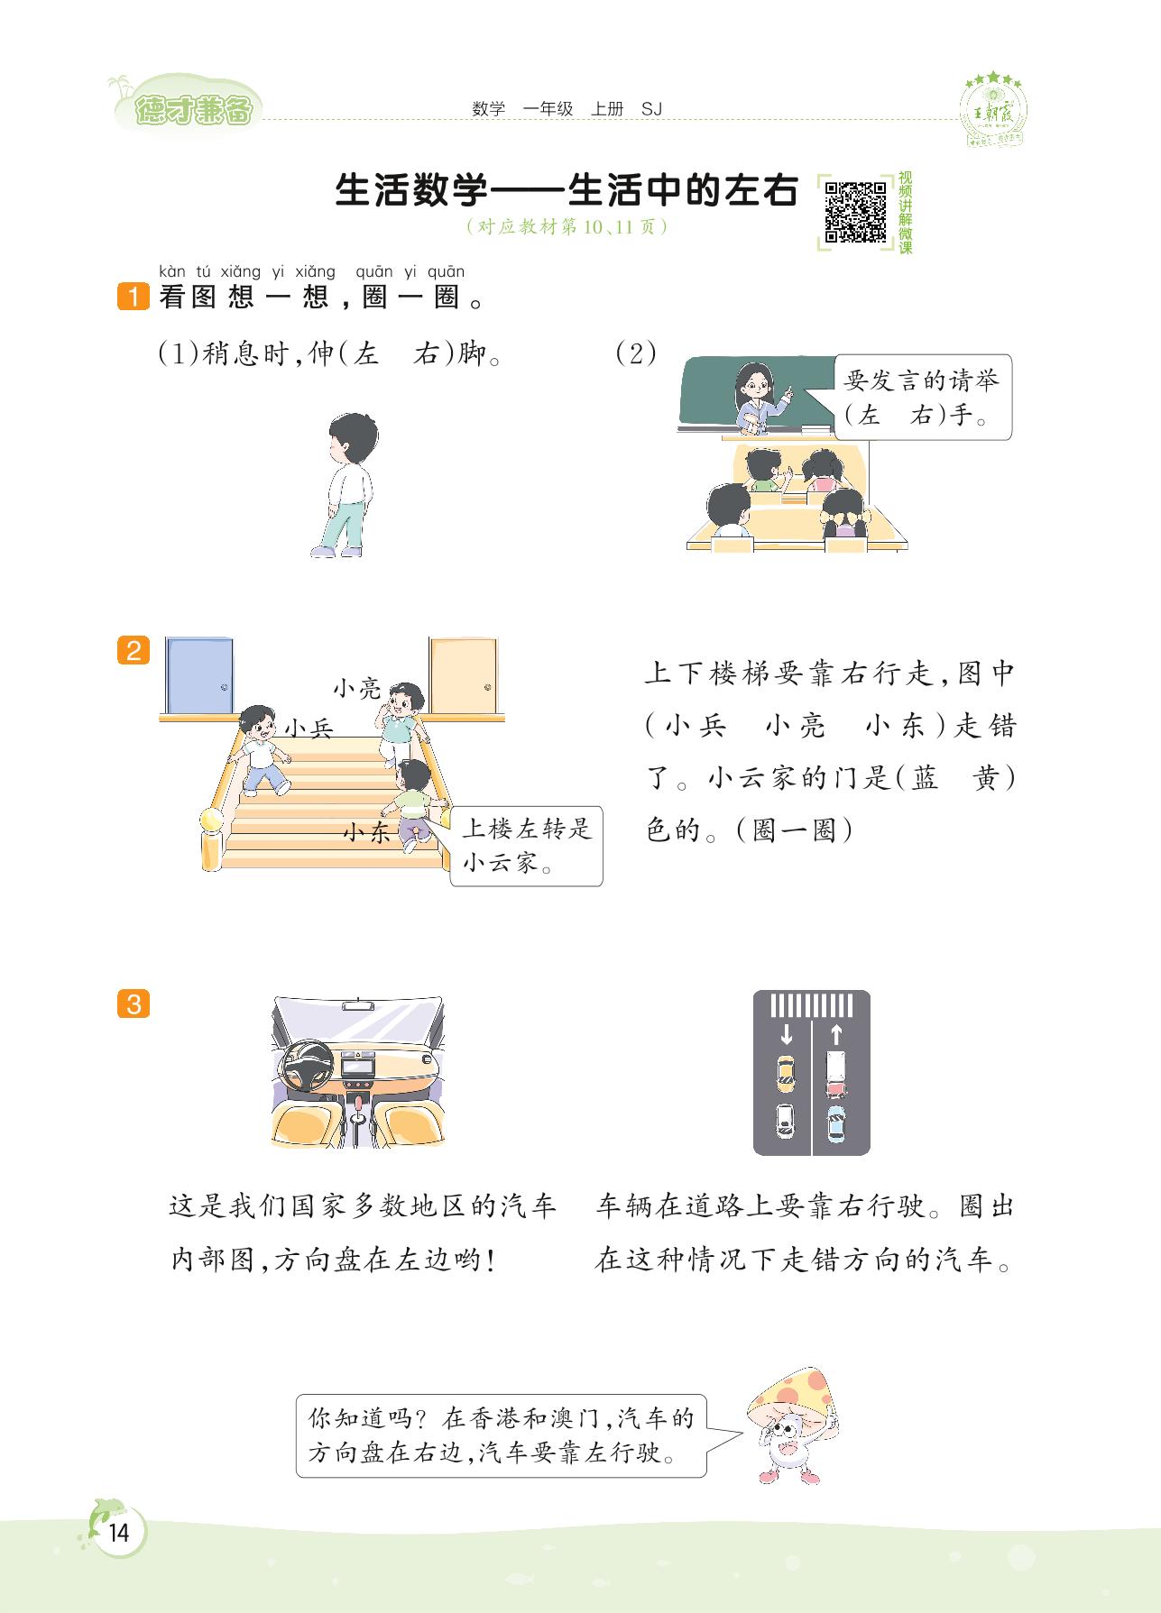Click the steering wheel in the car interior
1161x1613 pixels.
pyautogui.click(x=308, y=1067)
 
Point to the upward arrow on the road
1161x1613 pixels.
pyautogui.click(x=835, y=1033)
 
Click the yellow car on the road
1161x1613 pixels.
pyautogui.click(x=786, y=1072)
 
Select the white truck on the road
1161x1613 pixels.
pyautogui.click(x=835, y=1074)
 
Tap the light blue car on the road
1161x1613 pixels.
pyautogui.click(x=836, y=1123)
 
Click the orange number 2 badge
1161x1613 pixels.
pyautogui.click(x=134, y=650)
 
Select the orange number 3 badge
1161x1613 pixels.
pyautogui.click(x=134, y=1004)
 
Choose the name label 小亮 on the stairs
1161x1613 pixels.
pyautogui.click(x=357, y=689)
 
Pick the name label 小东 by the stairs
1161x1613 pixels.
pyautogui.click(x=368, y=832)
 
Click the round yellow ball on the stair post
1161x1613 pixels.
pyautogui.click(x=211, y=820)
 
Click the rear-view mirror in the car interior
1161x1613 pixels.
pyautogui.click(x=359, y=1004)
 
